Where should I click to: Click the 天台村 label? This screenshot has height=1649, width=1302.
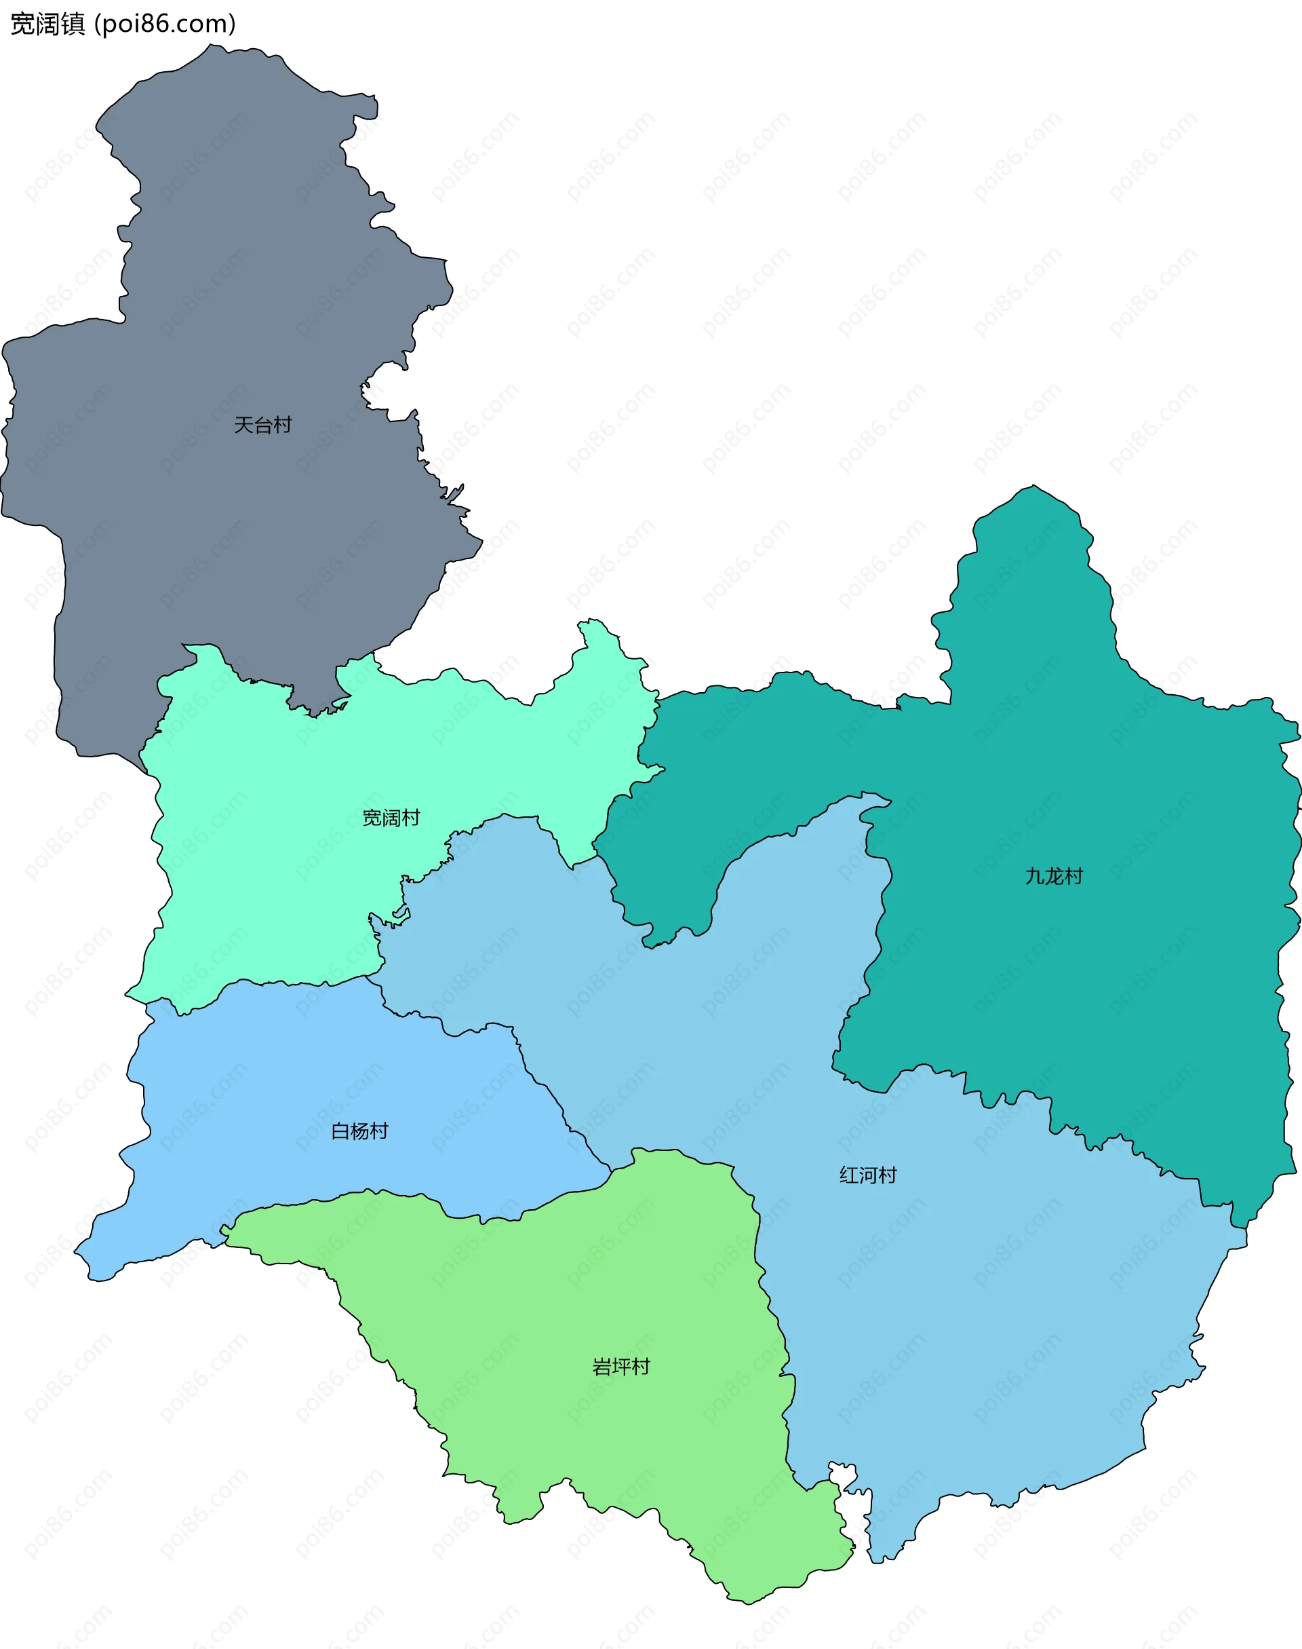pos(262,425)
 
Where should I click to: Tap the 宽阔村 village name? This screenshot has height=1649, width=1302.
pos(391,818)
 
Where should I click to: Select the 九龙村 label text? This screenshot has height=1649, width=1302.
pos(1054,876)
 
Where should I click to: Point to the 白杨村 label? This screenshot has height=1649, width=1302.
pos(360,1131)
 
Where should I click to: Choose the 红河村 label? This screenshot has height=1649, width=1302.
pos(867,1175)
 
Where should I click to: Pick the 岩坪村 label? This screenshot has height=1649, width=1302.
pos(621,1367)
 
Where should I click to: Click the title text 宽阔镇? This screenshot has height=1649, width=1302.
pos(47,24)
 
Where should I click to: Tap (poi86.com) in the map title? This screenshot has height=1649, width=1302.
pos(165,24)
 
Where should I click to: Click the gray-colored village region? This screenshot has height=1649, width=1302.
pos(229,305)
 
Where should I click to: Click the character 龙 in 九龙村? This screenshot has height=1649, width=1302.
pos(1054,876)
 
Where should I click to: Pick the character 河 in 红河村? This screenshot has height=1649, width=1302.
pos(867,1175)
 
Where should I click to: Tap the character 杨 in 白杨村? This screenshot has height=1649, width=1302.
pos(360,1131)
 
